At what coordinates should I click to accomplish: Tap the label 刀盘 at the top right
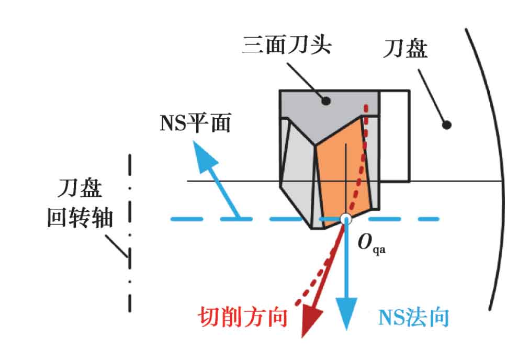click(x=405, y=48)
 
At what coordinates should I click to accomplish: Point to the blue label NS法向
click(x=413, y=317)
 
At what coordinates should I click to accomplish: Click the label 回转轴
click(x=80, y=218)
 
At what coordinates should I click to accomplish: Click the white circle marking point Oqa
click(x=345, y=219)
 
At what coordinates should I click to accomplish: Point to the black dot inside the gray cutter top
click(x=325, y=100)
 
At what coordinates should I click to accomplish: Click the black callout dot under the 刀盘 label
click(x=446, y=125)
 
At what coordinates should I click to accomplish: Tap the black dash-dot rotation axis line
click(x=130, y=233)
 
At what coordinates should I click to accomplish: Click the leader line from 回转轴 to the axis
click(x=117, y=246)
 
